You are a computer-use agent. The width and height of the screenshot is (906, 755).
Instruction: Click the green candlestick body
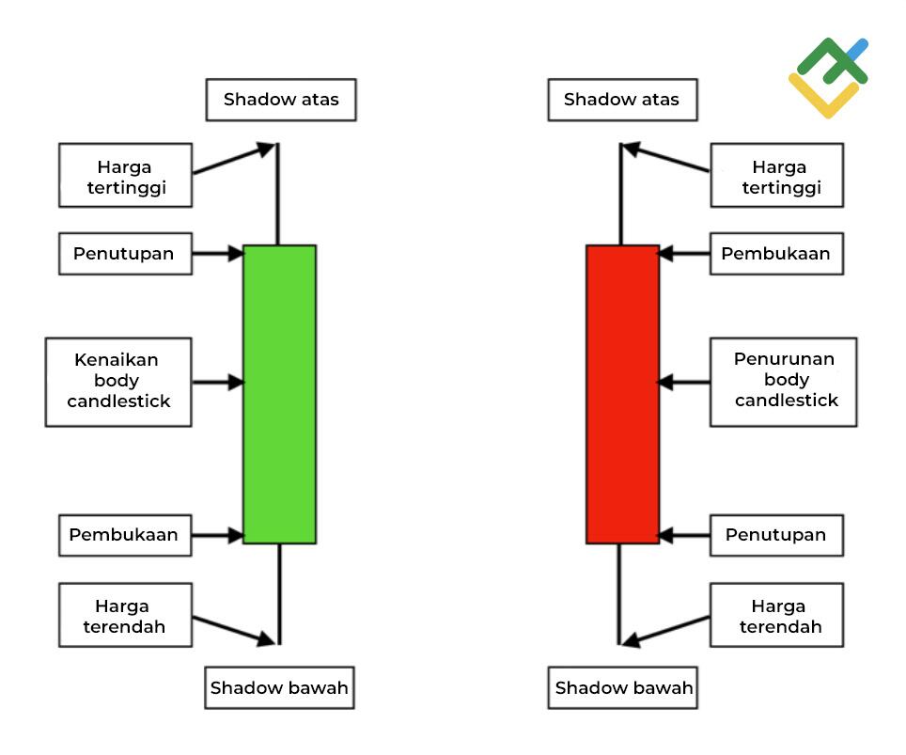coord(279,394)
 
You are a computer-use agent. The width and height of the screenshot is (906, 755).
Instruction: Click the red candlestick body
coord(622,394)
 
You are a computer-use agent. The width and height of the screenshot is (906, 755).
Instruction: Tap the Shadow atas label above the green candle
coord(281,100)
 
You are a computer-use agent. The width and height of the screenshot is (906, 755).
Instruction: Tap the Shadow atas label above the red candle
coord(622,100)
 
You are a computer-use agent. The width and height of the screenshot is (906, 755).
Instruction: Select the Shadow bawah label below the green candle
coord(279,687)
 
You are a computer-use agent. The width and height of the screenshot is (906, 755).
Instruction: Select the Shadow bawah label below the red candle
coord(623,687)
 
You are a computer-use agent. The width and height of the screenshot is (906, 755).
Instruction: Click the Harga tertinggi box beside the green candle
coord(125,176)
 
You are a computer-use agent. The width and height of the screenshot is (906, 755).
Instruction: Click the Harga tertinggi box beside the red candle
coord(776,176)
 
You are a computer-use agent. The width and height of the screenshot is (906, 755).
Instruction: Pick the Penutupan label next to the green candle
coord(125,254)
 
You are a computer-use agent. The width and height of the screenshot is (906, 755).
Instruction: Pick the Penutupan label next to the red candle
coord(776,535)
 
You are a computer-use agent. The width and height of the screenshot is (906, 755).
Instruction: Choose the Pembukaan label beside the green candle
coord(125,535)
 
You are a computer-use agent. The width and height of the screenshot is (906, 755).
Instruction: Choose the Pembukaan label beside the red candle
coord(776,254)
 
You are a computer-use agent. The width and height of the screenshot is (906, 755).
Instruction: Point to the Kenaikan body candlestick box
coord(118,382)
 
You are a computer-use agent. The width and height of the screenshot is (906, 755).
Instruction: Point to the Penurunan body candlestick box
coord(784,382)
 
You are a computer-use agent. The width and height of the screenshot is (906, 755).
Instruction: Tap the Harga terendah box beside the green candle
coord(125,615)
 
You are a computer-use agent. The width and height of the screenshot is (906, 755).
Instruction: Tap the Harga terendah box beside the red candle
coord(776,615)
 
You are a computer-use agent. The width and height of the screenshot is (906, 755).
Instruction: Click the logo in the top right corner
coord(828,77)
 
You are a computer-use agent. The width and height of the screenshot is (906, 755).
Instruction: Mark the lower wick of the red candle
coord(619,592)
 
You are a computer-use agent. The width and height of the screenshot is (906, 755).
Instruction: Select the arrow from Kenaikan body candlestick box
coord(217,383)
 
